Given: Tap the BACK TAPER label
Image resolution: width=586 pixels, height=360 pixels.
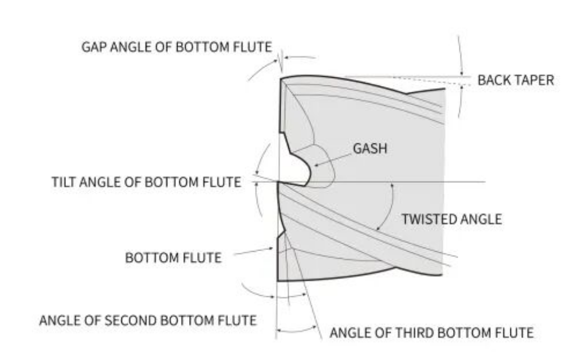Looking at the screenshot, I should (x=516, y=80).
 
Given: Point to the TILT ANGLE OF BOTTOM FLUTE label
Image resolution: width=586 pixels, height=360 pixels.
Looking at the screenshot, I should (x=145, y=183).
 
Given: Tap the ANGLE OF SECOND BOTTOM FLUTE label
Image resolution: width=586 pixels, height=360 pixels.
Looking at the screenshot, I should (x=147, y=319).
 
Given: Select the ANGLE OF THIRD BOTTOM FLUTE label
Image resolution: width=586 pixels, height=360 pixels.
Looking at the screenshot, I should (x=432, y=332).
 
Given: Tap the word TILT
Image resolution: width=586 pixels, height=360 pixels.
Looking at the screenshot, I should (x=64, y=183).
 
